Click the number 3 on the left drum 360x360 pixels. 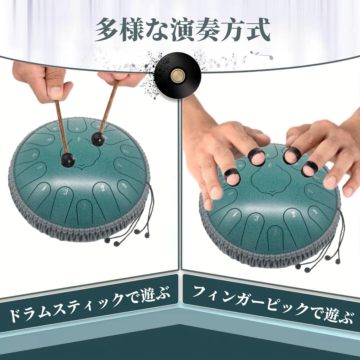(x=66, y=192)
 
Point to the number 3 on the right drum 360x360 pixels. (x=256, y=218)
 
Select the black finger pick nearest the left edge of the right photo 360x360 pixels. (x=232, y=176)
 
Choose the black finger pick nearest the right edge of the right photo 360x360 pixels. (x=310, y=169)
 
